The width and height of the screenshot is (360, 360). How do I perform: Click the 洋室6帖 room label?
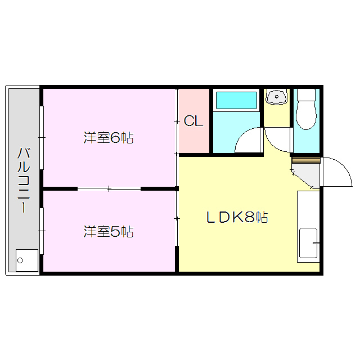pyautogui.click(x=109, y=138)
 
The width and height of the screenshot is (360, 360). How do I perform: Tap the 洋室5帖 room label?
pyautogui.click(x=109, y=231)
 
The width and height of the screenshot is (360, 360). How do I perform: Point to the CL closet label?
pyautogui.click(x=193, y=121)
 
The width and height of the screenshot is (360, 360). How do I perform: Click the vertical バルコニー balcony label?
pyautogui.click(x=23, y=179)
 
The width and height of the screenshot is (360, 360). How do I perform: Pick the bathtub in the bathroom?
pyautogui.click(x=236, y=101)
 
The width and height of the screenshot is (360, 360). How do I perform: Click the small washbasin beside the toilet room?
pyautogui.click(x=276, y=97)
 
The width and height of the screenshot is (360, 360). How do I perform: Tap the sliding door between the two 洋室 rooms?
pyautogui.click(x=109, y=188)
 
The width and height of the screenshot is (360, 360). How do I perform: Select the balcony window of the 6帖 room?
pyautogui.click(x=42, y=137)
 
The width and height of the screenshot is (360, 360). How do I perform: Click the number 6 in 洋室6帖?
pyautogui.click(x=115, y=138)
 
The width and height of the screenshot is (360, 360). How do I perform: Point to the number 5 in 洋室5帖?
pyautogui.click(x=115, y=231)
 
